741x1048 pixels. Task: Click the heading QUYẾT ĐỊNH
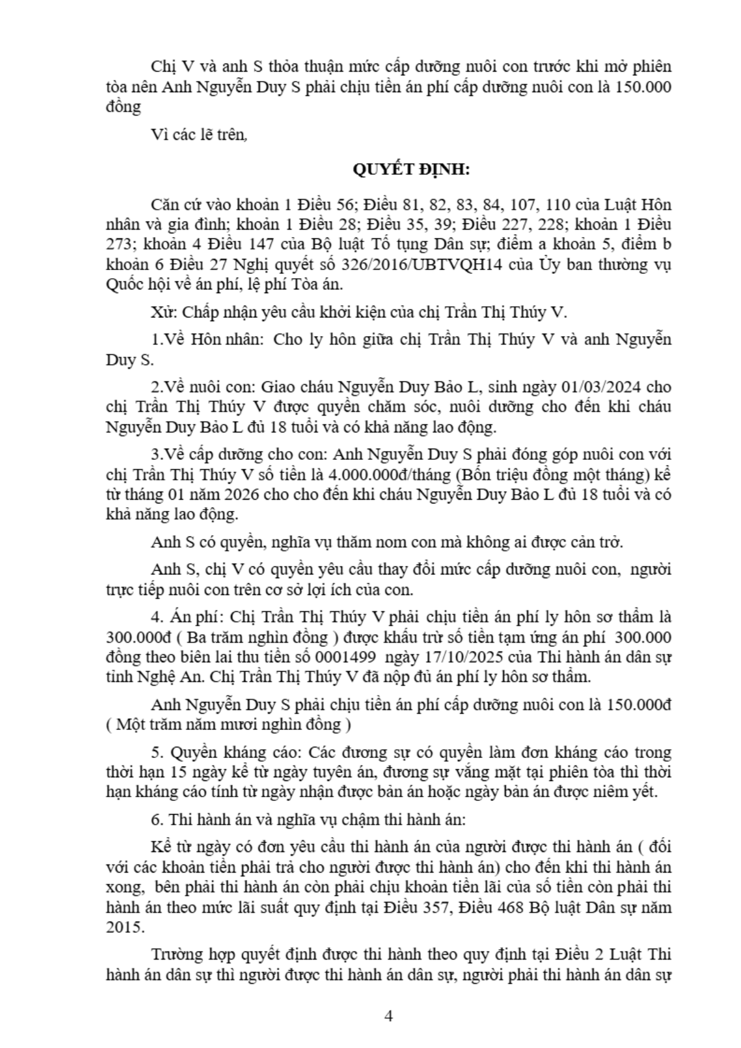point(411,169)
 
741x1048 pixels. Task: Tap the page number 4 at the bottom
point(389,1016)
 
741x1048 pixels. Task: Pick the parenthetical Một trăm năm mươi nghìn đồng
point(230,724)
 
